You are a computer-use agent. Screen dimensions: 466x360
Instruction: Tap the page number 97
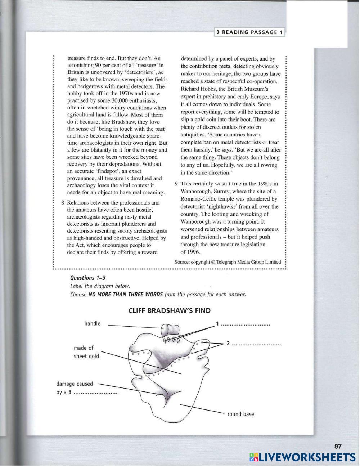coord(338,446)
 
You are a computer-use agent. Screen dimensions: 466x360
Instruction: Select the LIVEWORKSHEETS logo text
coord(303,457)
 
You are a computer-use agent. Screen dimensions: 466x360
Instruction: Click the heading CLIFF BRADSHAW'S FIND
coord(170,311)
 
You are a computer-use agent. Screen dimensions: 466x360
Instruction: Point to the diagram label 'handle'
coord(93,323)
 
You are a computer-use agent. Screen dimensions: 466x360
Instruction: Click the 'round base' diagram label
coord(240,414)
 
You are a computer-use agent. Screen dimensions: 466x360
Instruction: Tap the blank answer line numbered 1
coord(246,324)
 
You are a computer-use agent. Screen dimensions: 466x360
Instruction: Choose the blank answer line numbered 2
coord(256,344)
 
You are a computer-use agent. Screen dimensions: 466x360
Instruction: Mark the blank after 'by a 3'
coord(96,393)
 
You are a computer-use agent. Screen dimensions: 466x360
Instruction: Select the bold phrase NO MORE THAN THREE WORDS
coord(126,294)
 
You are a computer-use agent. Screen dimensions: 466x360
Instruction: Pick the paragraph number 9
coord(176,184)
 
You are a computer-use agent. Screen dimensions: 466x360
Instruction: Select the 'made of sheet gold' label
coord(86,352)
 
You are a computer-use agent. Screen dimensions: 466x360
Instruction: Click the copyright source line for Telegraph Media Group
coord(228,262)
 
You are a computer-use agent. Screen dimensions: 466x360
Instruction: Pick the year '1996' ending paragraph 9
coord(194,252)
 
